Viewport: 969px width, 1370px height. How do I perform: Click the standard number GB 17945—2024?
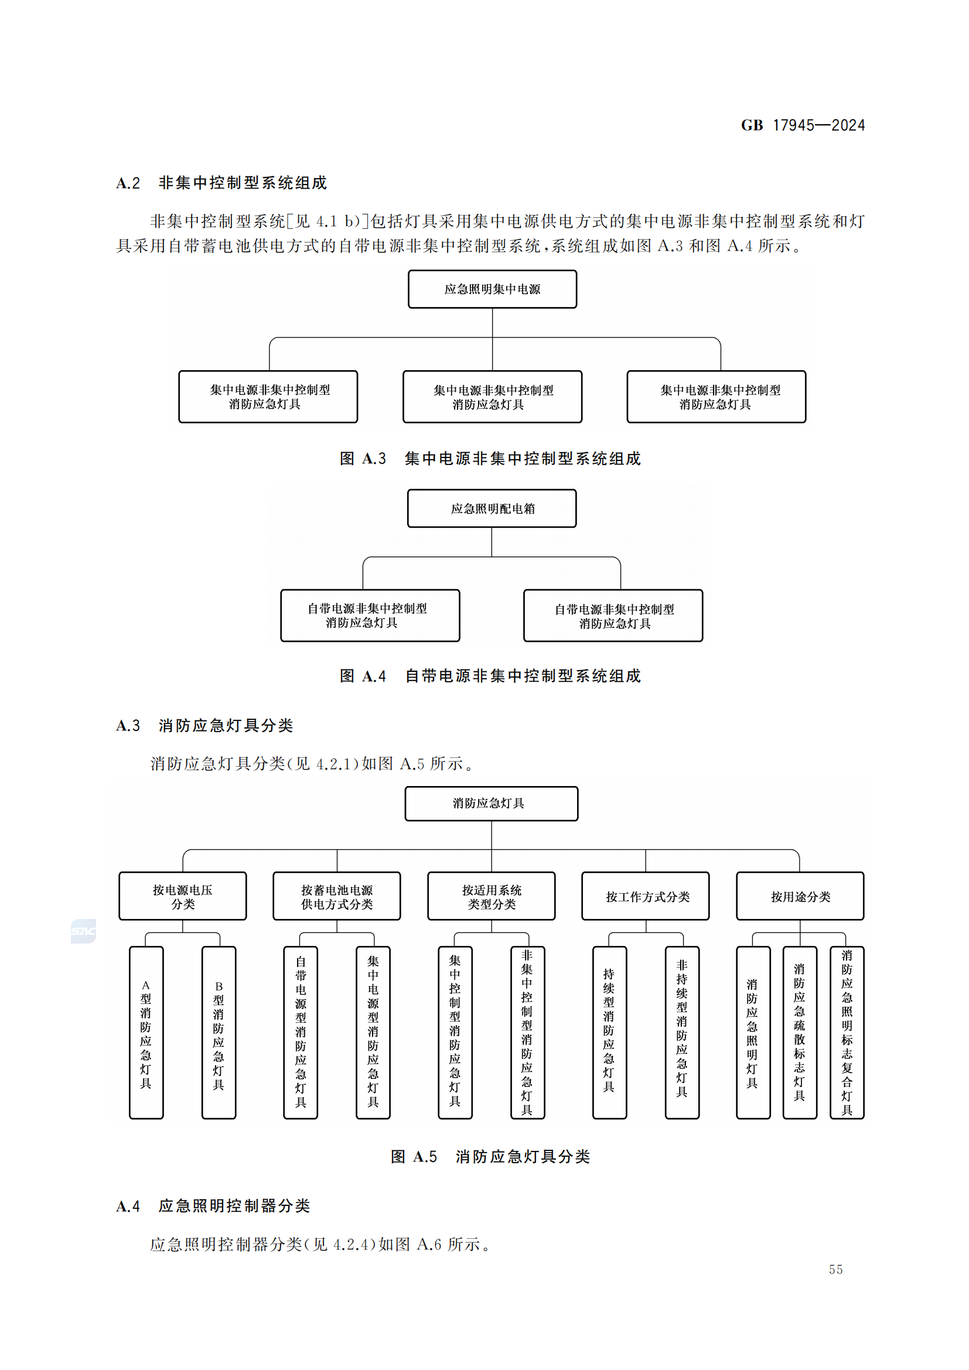tap(802, 125)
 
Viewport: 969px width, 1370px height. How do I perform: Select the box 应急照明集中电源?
tap(492, 289)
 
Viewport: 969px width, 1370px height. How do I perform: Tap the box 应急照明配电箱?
tap(492, 508)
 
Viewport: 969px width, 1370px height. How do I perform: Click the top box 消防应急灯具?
tap(491, 803)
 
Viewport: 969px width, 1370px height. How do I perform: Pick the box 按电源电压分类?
tap(183, 896)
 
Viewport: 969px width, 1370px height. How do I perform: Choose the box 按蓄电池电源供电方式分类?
tap(336, 896)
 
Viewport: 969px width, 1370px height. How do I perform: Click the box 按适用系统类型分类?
tap(491, 896)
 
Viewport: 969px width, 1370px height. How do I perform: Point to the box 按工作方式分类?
tap(646, 896)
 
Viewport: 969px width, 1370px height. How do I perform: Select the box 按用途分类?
tap(800, 896)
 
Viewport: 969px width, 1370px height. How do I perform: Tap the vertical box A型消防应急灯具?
tap(146, 1032)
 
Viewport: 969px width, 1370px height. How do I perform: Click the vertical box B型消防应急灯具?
tap(219, 1032)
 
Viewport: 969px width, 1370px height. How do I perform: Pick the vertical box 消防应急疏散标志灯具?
tap(800, 1032)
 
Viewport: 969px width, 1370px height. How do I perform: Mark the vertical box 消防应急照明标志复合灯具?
tap(847, 1032)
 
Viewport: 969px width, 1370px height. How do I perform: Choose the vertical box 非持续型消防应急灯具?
tap(682, 1032)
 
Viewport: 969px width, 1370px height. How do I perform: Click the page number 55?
tap(835, 1270)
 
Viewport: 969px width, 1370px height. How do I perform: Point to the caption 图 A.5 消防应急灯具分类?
tap(490, 1157)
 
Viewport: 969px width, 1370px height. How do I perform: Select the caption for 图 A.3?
tap(490, 458)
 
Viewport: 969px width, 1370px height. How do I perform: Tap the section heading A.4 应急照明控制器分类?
tap(213, 1206)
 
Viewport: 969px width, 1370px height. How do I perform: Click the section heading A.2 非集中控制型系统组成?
tap(221, 183)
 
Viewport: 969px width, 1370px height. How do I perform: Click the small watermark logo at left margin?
tap(83, 931)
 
